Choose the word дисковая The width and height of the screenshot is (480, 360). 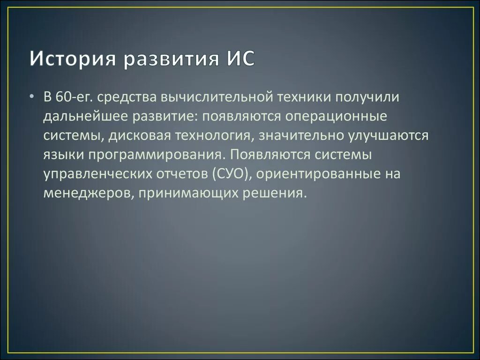[x=139, y=135]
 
